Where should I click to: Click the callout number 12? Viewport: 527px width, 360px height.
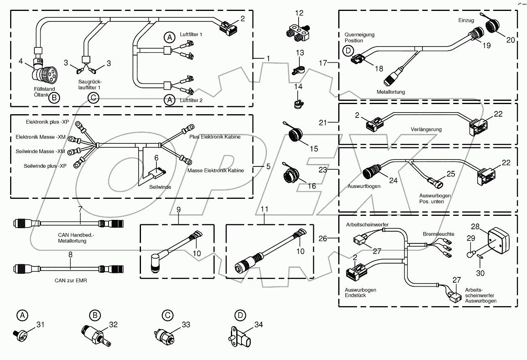pyautogui.click(x=299, y=13)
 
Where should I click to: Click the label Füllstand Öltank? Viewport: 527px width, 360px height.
pyautogui.click(x=45, y=92)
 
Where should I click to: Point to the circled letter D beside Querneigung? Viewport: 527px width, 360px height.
pyautogui.click(x=347, y=51)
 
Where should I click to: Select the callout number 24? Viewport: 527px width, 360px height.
pyautogui.click(x=393, y=180)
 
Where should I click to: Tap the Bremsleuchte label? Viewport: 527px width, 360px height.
pyautogui.click(x=438, y=234)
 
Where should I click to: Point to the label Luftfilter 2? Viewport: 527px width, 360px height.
pyautogui.click(x=191, y=100)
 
